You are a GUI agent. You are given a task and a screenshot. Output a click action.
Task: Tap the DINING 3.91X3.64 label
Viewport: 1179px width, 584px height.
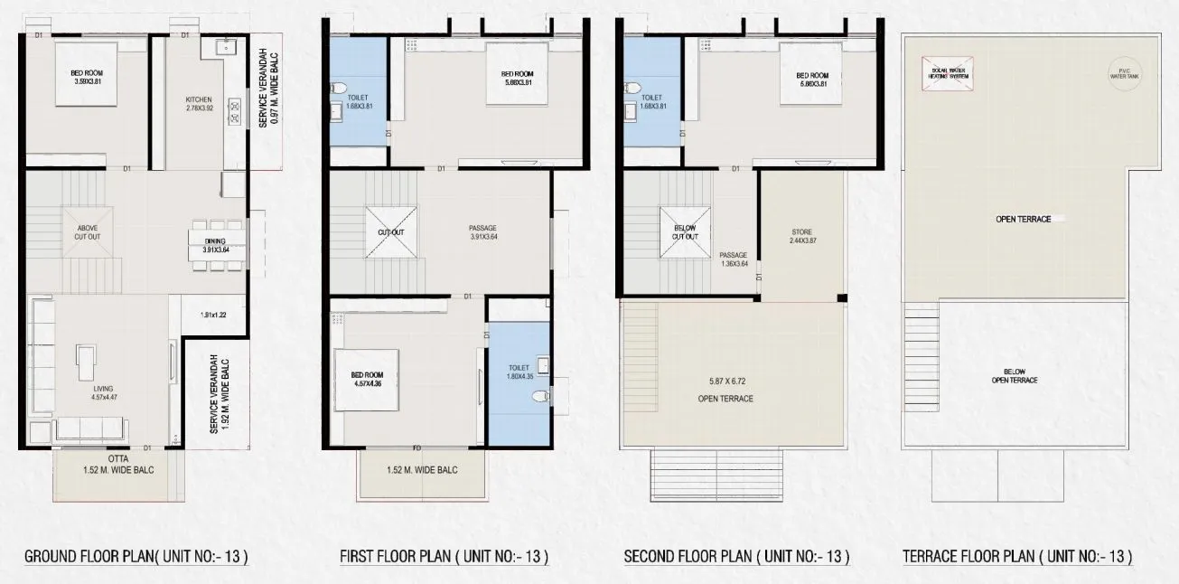pos(215,244)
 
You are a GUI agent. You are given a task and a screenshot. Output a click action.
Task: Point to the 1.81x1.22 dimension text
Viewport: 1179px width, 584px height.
pos(214,315)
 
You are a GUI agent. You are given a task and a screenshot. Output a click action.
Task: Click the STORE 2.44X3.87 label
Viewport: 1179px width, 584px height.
pos(800,238)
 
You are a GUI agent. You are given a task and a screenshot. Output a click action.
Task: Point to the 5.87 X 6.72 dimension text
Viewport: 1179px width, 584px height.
pos(732,381)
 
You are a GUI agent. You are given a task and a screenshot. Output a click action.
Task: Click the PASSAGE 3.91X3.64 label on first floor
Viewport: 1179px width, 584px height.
pos(484,231)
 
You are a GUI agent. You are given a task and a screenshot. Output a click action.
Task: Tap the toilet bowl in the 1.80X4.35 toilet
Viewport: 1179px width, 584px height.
pos(539,395)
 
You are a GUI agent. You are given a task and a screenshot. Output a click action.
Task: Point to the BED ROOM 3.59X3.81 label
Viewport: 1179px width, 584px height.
pos(87,78)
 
